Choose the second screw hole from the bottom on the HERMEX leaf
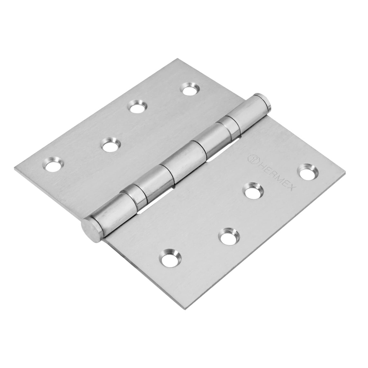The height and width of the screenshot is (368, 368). coord(229,236)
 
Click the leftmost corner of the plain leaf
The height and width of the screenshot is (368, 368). coord(15,168)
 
